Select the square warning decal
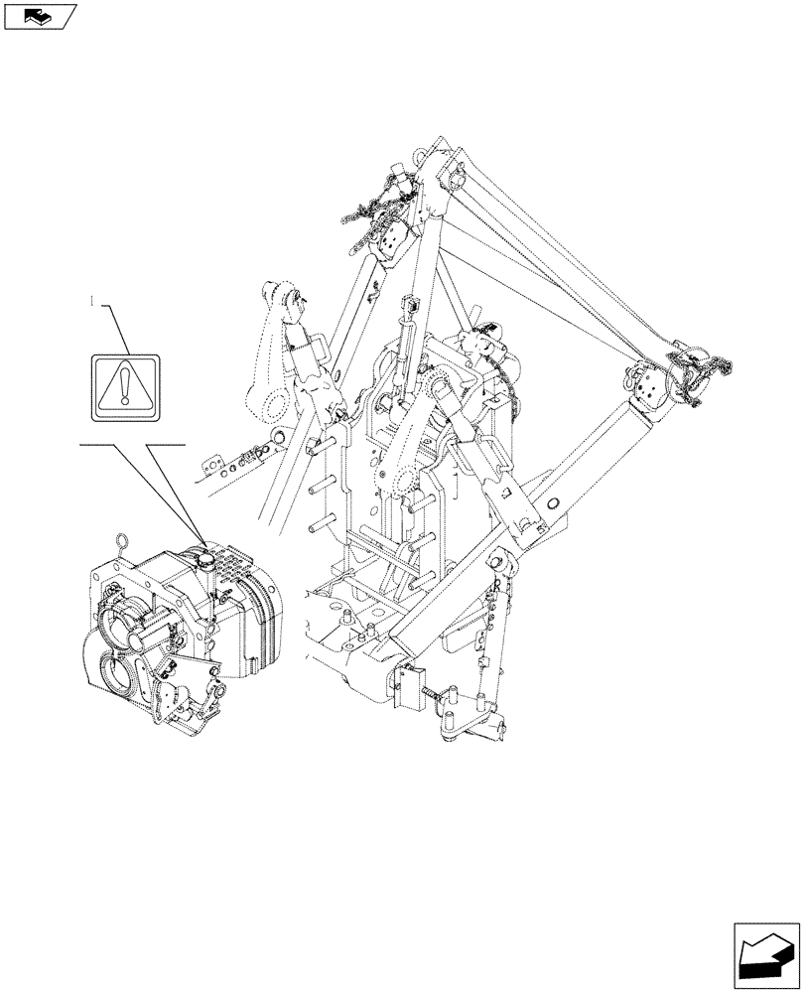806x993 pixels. coord(124,384)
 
